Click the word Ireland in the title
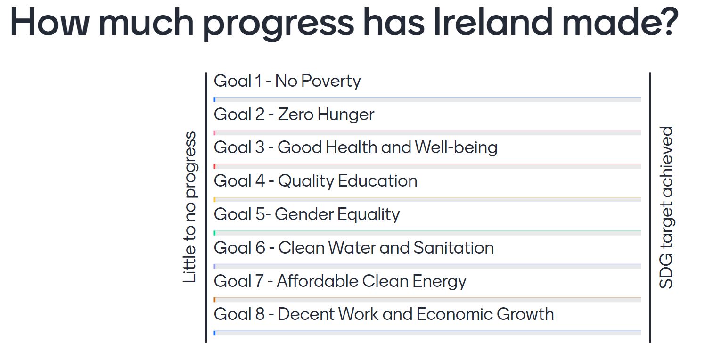coord(493,22)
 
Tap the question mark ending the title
coord(667,22)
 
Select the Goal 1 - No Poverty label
coord(287,81)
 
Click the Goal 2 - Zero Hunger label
coord(294,115)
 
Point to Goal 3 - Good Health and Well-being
coord(356,148)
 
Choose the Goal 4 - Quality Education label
coord(316,181)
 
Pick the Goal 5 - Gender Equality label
coord(307,214)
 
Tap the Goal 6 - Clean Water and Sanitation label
coord(354,248)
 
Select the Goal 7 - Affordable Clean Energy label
coord(340,281)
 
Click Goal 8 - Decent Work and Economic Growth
coord(384,314)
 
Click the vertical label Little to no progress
coord(190,207)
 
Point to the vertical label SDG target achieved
coord(666,207)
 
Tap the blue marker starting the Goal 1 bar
coord(214,99)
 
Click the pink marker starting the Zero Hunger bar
coord(214,133)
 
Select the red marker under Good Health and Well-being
coord(214,166)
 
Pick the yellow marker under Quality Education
coord(214,199)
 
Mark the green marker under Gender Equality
coord(214,233)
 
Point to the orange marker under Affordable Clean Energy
coord(214,300)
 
